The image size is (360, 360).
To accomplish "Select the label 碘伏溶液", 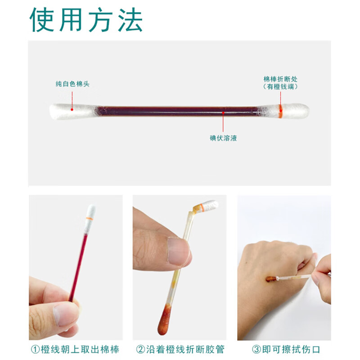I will [x=223, y=138].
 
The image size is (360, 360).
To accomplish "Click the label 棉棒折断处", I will [x=280, y=78].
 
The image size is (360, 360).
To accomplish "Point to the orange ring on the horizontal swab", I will [x=280, y=111].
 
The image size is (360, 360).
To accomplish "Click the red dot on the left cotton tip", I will [x=72, y=108].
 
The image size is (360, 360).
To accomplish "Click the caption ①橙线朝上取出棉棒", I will [x=75, y=349].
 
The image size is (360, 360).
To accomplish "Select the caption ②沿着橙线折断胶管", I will [x=180, y=349].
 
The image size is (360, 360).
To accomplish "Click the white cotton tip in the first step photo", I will [x=91, y=212].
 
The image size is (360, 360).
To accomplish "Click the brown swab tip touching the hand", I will [x=271, y=279].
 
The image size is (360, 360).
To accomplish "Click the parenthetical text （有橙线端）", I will [x=280, y=86].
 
